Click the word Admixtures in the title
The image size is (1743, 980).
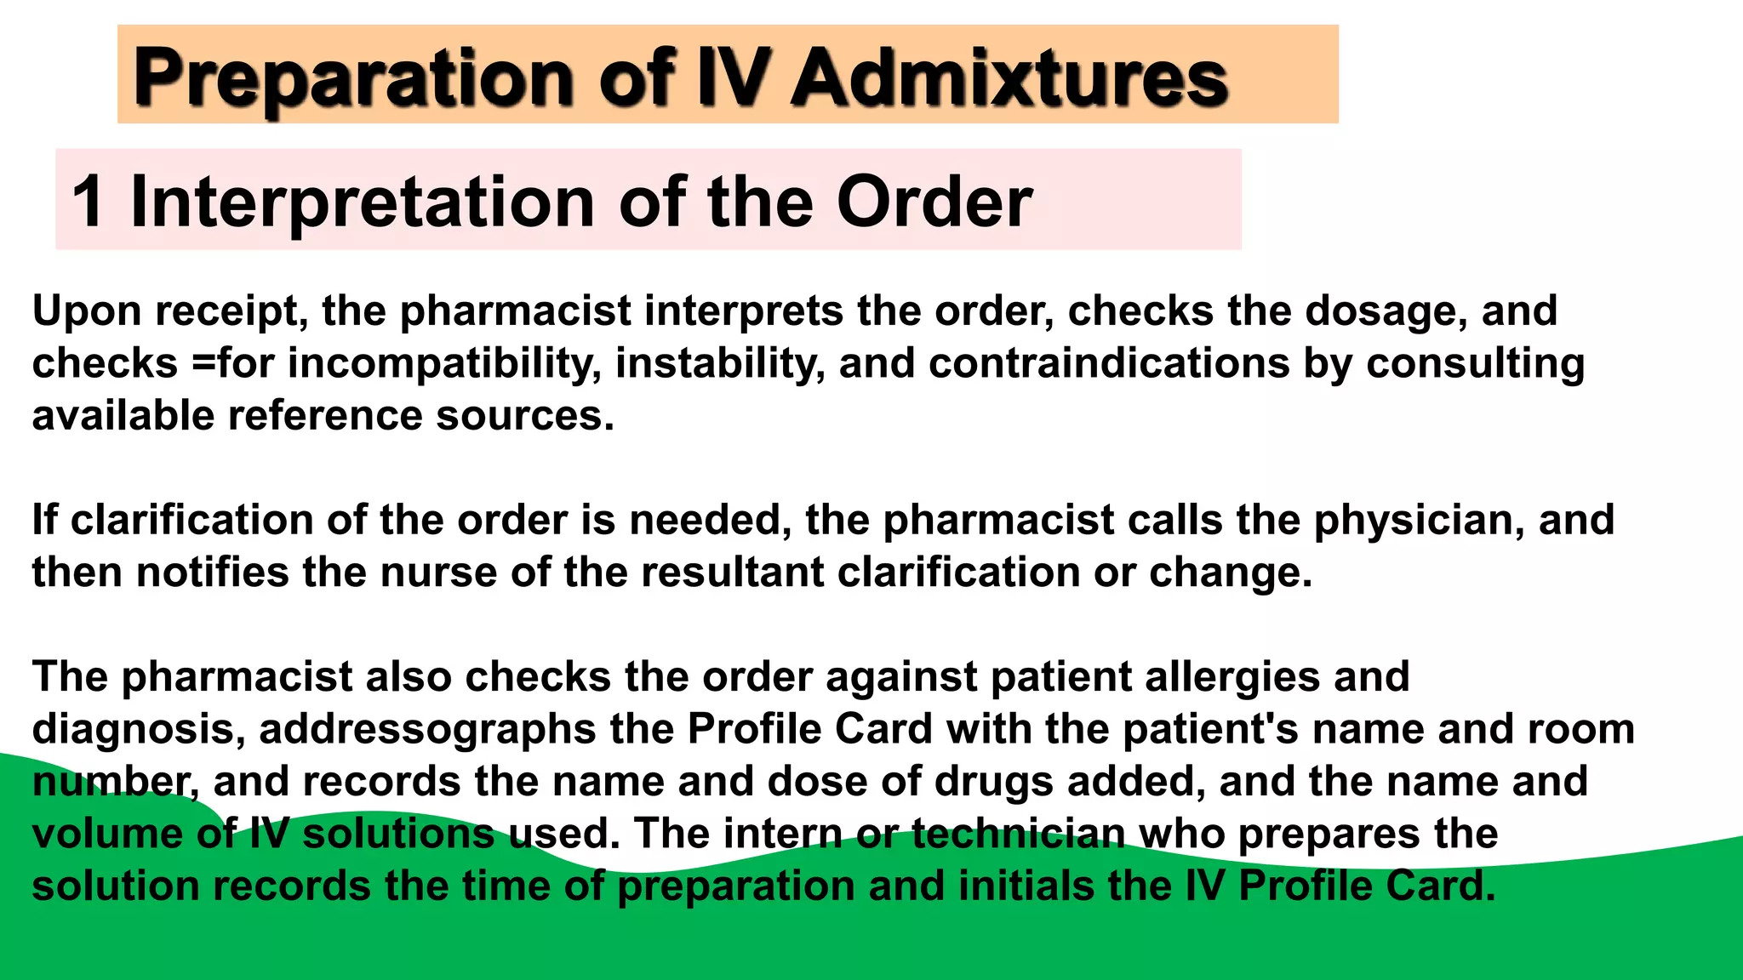point(1009,78)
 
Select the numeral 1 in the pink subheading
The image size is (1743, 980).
point(88,202)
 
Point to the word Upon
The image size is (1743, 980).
point(87,311)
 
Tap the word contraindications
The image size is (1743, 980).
point(1109,364)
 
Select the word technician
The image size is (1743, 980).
point(1018,835)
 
